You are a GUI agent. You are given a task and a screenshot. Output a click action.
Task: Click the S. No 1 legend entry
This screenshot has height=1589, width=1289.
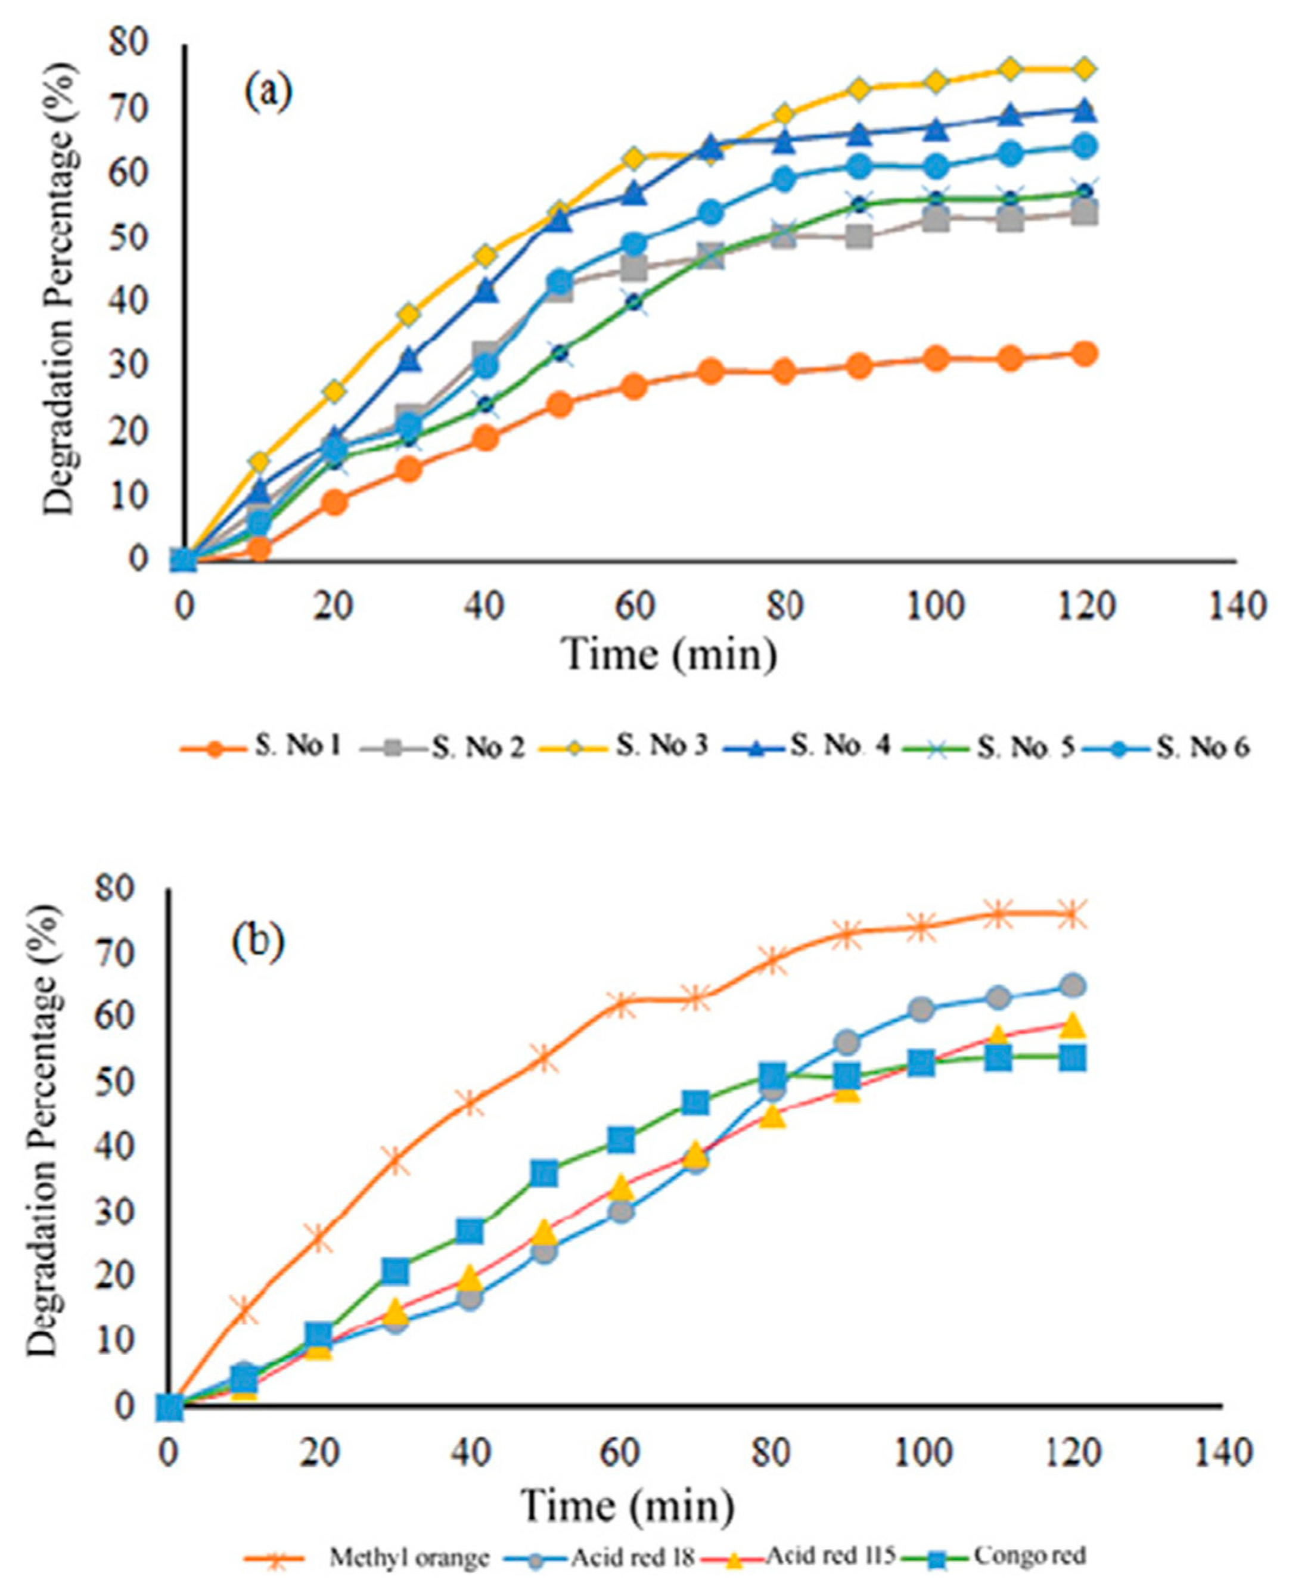(x=260, y=747)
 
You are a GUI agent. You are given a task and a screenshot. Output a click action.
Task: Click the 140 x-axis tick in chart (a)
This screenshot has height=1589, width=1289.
(x=1234, y=607)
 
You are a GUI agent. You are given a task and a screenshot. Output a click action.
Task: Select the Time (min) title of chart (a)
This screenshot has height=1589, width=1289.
(x=671, y=655)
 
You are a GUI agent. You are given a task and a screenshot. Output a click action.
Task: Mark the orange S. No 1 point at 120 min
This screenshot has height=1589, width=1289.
(x=1084, y=353)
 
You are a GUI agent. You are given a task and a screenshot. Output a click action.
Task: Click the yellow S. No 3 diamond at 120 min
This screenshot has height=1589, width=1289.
(x=1084, y=69)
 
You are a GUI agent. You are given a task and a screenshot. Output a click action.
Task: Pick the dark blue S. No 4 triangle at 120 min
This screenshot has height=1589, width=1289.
(x=1084, y=111)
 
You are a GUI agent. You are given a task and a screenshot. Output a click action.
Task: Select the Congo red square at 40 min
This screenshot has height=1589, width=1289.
(x=470, y=1232)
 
